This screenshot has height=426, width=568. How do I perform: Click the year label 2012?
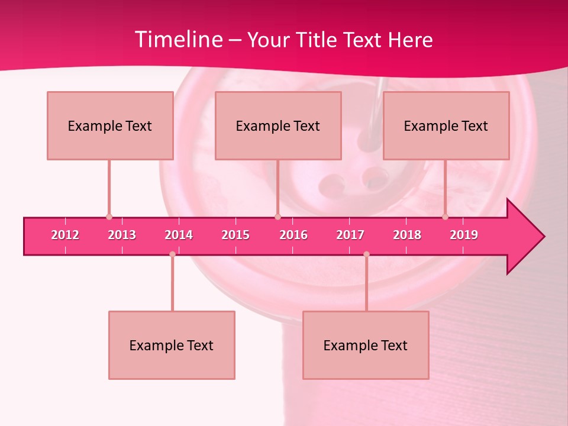coord(65,235)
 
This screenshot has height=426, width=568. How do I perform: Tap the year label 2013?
coord(122,235)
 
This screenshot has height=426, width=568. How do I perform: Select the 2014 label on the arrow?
coord(179,235)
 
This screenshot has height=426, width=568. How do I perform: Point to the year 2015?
coord(235,235)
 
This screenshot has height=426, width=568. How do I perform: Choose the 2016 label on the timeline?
coord(293,235)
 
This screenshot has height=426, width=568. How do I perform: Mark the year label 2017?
coord(350,235)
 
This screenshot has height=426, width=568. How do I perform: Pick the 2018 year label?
coord(407,235)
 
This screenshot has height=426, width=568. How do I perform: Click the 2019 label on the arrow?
coord(464,235)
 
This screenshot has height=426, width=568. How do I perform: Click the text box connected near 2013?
coord(110,125)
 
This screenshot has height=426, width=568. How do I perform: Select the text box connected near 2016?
coord(278,125)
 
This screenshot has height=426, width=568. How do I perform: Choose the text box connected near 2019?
coord(446,125)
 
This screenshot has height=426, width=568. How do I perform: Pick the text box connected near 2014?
coord(172,345)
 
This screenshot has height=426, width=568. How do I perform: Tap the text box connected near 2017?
coord(366,345)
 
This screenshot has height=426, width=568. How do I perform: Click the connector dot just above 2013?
coord(109,217)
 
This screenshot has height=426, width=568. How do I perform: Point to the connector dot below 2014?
coord(172,254)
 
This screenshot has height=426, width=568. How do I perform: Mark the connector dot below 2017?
coord(366,254)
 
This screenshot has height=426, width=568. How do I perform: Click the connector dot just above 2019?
coord(445,217)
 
